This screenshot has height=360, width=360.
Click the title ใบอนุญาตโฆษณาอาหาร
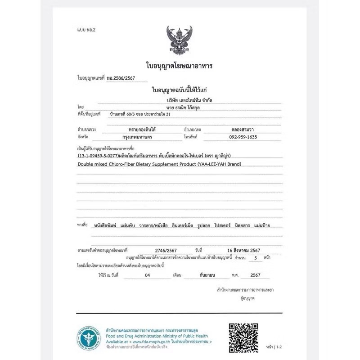pyautogui.click(x=179, y=66)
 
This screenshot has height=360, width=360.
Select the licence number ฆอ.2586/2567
pyautogui.click(x=121, y=78)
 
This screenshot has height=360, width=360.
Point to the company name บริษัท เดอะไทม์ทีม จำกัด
pyautogui.click(x=179, y=99)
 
